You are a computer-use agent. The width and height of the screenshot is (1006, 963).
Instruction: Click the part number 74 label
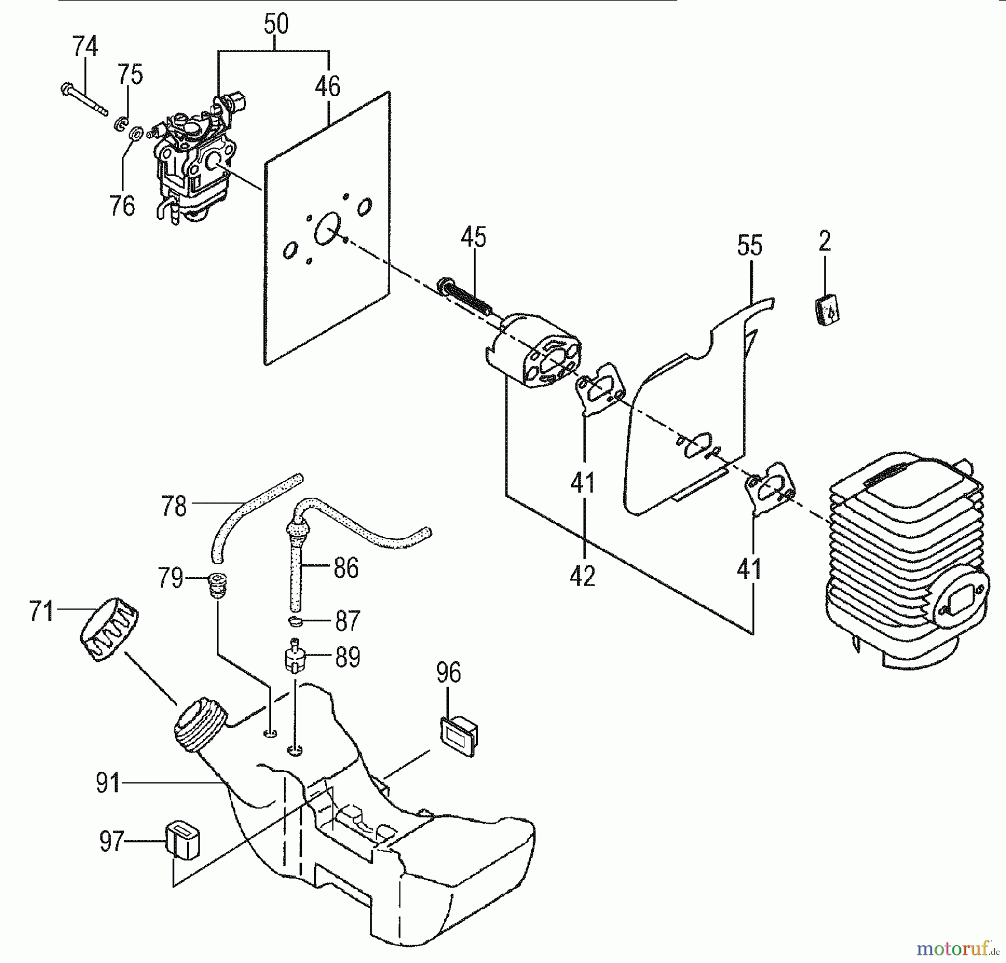click(85, 47)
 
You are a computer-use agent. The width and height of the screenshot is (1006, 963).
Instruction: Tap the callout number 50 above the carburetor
click(276, 25)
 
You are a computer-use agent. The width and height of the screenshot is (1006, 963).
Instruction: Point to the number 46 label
click(328, 87)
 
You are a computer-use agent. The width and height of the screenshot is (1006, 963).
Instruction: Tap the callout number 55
click(749, 246)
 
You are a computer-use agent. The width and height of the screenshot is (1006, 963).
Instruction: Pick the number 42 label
click(582, 576)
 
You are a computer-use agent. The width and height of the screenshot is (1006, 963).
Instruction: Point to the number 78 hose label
click(173, 506)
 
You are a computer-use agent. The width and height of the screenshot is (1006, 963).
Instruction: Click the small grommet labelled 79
click(217, 585)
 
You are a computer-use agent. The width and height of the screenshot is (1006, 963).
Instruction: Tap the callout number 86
click(345, 568)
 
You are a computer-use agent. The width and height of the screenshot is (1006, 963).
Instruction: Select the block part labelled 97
click(182, 841)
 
